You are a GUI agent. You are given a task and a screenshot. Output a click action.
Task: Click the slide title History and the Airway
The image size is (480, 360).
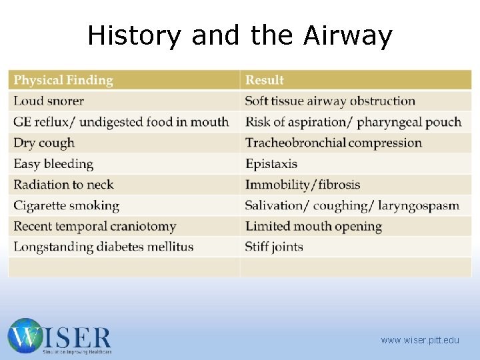tap(240, 35)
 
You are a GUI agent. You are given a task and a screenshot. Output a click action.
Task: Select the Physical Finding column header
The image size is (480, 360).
tap(63, 81)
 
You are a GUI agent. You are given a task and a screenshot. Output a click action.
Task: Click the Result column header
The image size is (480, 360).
tap(265, 81)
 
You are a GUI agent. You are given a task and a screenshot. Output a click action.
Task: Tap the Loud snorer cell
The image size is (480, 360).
tap(49, 101)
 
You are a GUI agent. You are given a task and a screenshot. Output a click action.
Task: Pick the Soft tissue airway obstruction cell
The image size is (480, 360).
tap(330, 101)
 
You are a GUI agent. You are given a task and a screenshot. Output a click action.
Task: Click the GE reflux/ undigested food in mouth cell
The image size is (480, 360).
tap(121, 122)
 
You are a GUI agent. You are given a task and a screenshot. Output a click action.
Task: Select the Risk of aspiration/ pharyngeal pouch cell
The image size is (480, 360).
tap(353, 122)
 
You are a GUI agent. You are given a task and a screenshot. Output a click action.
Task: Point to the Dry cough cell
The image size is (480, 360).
tap(44, 143)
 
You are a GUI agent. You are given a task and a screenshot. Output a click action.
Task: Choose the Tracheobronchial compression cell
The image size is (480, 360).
tap(333, 143)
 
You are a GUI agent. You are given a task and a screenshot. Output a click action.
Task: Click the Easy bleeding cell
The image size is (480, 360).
tap(53, 164)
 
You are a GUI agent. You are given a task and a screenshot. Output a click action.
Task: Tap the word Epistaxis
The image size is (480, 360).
tap(271, 164)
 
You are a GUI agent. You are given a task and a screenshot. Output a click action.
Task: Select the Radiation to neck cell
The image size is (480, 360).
tap(63, 185)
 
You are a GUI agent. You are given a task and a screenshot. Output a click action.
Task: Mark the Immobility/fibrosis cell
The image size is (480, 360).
tap(302, 185)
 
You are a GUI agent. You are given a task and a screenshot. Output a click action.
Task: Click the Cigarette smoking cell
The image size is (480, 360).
tap(66, 205)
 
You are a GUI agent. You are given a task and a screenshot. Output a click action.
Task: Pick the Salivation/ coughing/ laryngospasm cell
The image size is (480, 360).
tap(352, 205)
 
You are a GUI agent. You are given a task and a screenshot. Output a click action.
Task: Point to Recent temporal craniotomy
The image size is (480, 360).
tap(95, 226)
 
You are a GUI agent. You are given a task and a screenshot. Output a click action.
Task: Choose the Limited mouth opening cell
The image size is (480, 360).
tap(313, 226)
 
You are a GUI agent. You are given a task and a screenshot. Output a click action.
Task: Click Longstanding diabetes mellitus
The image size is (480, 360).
tap(103, 247)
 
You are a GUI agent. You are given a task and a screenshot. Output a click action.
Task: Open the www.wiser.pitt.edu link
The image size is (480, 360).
tap(420, 340)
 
